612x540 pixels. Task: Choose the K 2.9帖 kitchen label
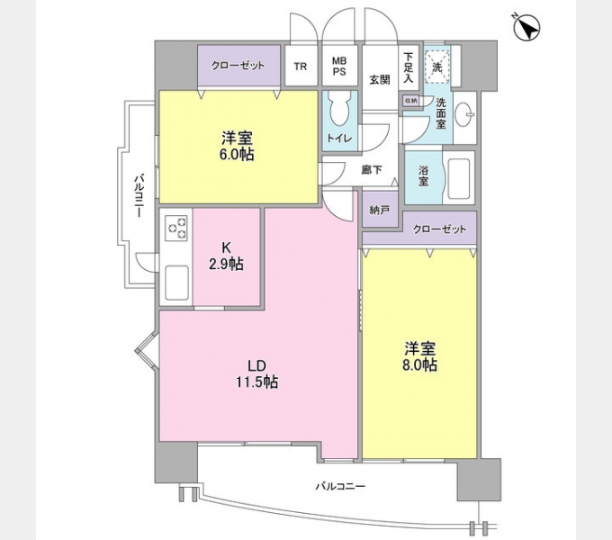[228, 256]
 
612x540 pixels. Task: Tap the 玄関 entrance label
[380, 79]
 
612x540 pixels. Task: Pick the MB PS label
[341, 66]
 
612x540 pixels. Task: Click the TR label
[301, 67]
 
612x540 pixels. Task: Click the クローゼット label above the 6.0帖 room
[238, 65]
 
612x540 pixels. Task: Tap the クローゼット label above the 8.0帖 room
[440, 229]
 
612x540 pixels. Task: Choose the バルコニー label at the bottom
[339, 486]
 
